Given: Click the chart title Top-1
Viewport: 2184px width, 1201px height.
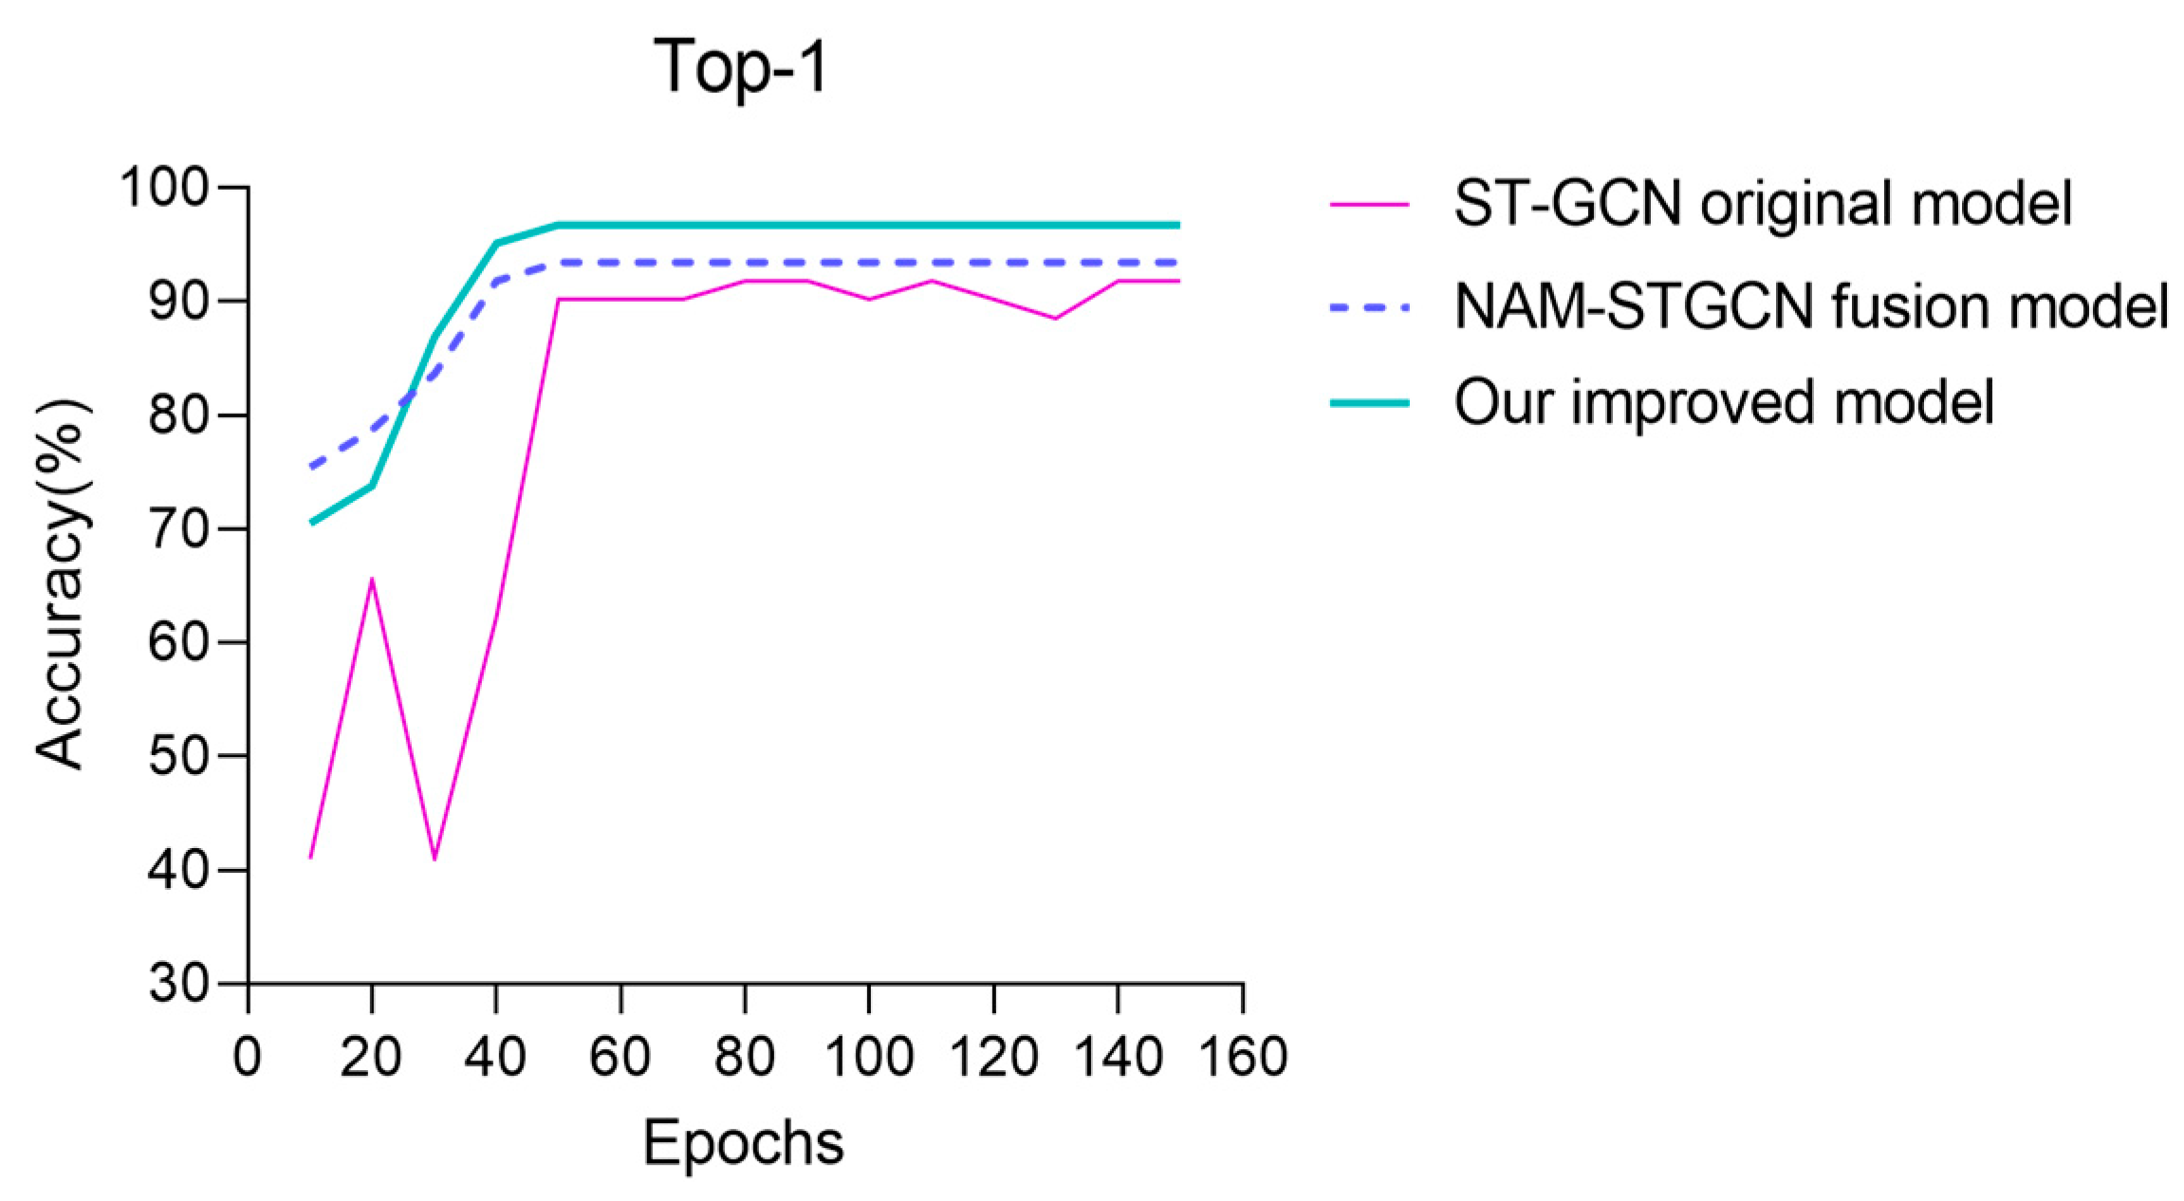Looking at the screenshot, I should pos(742,68).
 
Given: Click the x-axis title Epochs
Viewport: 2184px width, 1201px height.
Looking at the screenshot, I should pos(743,1143).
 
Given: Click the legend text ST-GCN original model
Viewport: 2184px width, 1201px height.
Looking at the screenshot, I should pos(1763,203).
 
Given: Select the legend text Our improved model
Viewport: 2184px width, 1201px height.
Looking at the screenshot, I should pos(1724,402).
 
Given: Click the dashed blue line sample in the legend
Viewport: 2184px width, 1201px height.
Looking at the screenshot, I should pos(1369,306).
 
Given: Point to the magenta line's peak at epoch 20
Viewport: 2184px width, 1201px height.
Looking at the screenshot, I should pos(372,578).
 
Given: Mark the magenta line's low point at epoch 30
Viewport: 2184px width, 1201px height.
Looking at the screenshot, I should pos(434,859).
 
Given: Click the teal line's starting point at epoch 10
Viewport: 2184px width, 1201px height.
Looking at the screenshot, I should pos(311,523).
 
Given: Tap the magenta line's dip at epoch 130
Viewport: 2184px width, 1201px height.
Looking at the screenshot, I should pos(1055,318).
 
